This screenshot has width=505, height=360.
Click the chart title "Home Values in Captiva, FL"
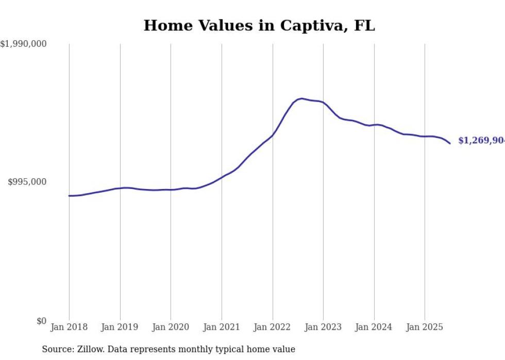tap(259, 25)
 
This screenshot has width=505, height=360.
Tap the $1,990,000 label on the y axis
tap(24, 44)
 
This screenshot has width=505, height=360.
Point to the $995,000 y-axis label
tap(27, 182)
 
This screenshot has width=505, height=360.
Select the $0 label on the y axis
tap(41, 321)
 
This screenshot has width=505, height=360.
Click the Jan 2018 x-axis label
tap(69, 327)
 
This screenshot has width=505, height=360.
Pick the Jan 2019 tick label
tap(120, 327)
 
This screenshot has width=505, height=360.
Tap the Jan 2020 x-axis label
tap(171, 327)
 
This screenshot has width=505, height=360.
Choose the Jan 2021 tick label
tap(222, 327)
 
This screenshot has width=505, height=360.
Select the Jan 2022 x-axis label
tap(273, 327)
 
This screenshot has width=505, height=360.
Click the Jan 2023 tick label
tap(323, 327)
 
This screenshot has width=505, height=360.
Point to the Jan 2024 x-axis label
tap(374, 327)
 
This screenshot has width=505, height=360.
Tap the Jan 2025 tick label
tap(425, 327)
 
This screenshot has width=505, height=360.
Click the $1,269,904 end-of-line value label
tap(481, 141)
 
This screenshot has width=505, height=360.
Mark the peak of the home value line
tap(302, 98)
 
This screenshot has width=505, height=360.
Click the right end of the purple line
tap(450, 143)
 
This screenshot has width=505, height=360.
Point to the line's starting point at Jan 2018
tap(69, 196)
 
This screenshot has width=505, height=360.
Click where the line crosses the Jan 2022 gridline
tap(273, 135)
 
